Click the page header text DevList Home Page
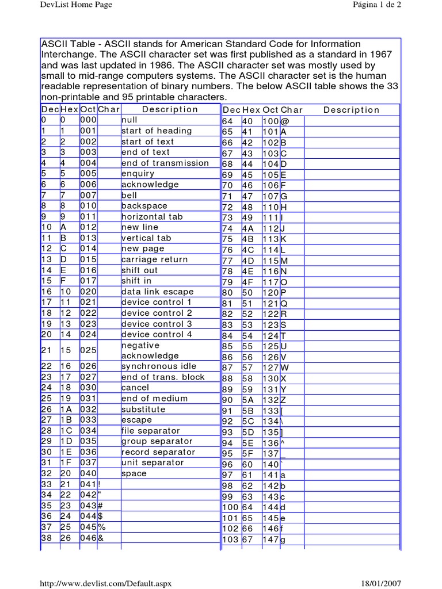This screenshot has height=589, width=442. click(x=75, y=5)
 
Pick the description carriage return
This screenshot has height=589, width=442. click(x=154, y=259)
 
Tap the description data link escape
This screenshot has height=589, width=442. click(x=157, y=292)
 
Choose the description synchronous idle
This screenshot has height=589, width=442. click(x=159, y=366)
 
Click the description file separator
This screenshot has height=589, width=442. click(x=150, y=431)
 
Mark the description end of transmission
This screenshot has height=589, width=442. click(x=165, y=163)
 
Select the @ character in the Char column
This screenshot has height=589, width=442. click(x=284, y=122)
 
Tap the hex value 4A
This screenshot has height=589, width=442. click(x=248, y=228)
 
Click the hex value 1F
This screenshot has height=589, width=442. click(x=66, y=463)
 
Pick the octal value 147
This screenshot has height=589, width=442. click(x=270, y=540)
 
